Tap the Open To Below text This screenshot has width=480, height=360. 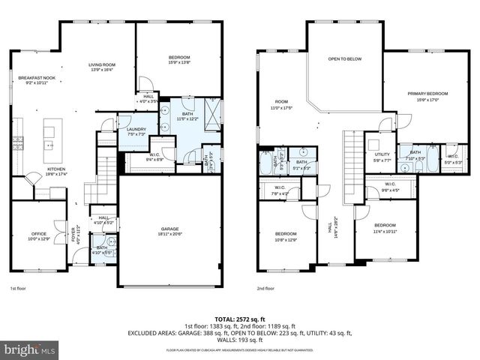pos(345,58)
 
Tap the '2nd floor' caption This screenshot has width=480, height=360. pos(265,288)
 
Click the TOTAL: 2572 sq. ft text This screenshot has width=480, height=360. pos(240,319)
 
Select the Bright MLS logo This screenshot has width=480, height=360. pos(29,349)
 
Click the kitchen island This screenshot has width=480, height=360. pos(52,137)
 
